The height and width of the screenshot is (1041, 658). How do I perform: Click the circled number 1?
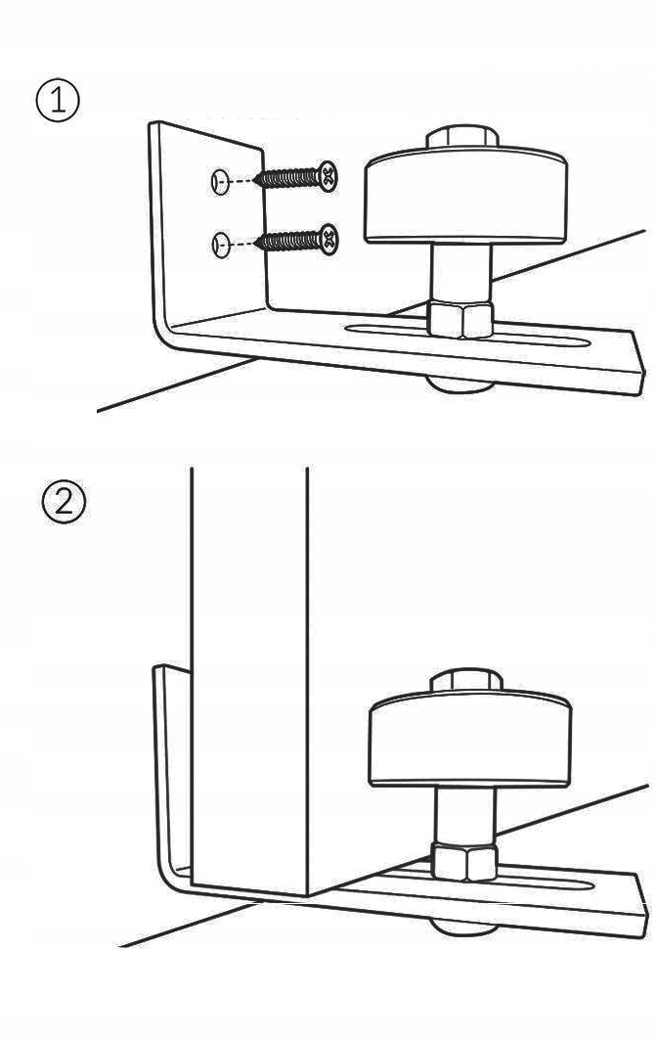pyautogui.click(x=57, y=102)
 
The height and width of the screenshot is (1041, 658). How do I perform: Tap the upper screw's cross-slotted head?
pyautogui.click(x=328, y=175)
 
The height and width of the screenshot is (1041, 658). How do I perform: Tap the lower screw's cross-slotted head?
pyautogui.click(x=328, y=240)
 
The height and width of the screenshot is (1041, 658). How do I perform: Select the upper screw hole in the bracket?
pyautogui.click(x=220, y=181)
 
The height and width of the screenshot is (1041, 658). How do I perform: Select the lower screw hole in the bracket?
pyautogui.click(x=220, y=244)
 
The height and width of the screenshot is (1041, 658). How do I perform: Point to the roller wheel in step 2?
pyautogui.click(x=469, y=739)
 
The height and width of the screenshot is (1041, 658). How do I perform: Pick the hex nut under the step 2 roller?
pyautogui.click(x=463, y=861)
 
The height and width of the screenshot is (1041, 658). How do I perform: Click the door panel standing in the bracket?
pyautogui.click(x=249, y=677)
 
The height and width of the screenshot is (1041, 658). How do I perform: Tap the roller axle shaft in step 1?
pyautogui.click(x=461, y=272)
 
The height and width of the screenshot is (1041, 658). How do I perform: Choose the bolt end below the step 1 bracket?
pyautogui.click(x=459, y=385)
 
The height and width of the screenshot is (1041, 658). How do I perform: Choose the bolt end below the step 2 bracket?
pyautogui.click(x=462, y=927)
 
